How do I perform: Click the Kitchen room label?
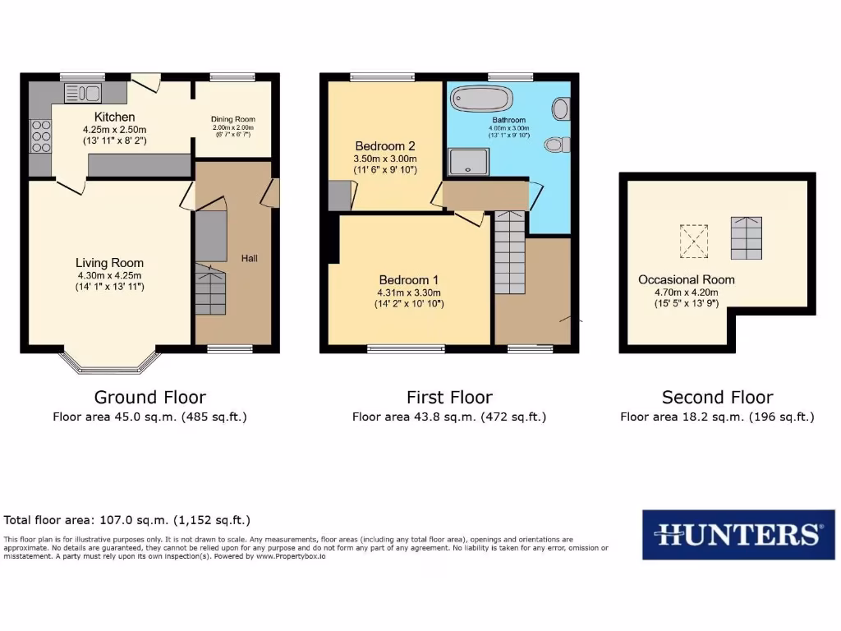(114, 117)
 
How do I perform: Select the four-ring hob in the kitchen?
(40, 136)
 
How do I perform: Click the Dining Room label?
(233, 118)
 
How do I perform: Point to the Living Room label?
(110, 263)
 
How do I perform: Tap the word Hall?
(250, 258)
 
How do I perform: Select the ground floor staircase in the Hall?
(211, 292)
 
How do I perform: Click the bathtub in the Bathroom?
(481, 99)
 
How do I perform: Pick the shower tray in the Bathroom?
(468, 162)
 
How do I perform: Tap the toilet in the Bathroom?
(557, 145)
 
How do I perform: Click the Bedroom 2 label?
(385, 145)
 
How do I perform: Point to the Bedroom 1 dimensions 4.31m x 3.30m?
(410, 292)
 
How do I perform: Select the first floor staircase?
(510, 253)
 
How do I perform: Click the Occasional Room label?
(687, 279)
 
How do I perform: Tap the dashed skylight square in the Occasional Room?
(692, 239)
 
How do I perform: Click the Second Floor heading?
(717, 398)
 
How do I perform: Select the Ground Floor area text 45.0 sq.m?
(150, 417)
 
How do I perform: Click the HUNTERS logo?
(732, 535)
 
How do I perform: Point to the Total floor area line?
(127, 520)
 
